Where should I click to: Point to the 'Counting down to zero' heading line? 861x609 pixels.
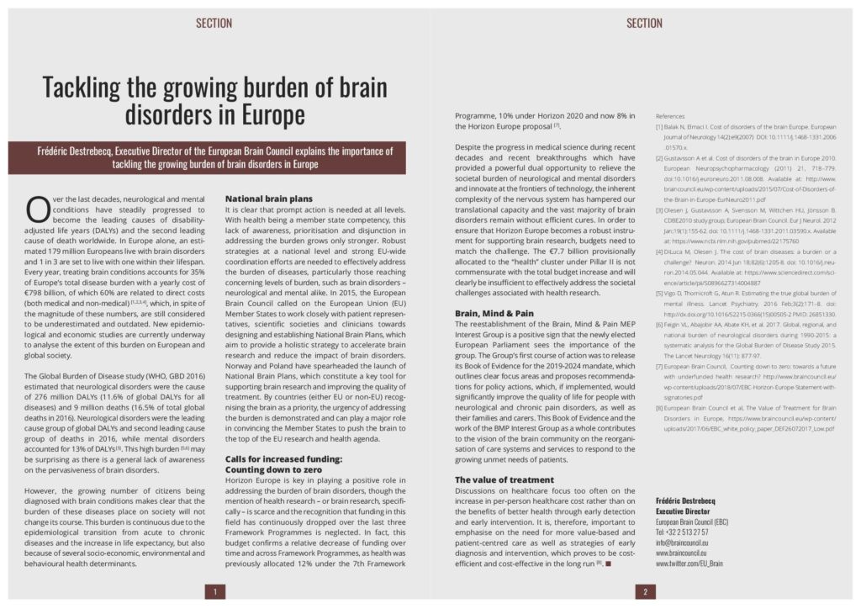273,469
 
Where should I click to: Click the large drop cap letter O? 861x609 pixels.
37,209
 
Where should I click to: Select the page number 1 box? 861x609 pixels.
214,591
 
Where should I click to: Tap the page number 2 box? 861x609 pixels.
645,591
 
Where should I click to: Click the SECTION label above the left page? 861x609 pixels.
214,23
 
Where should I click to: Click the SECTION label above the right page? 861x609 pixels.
645,23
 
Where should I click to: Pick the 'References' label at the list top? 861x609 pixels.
670,116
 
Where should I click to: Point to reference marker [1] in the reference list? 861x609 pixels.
660,127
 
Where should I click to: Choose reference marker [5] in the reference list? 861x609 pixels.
660,294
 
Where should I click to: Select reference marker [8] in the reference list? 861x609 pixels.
660,407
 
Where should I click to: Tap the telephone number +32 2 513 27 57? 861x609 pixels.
682,532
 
